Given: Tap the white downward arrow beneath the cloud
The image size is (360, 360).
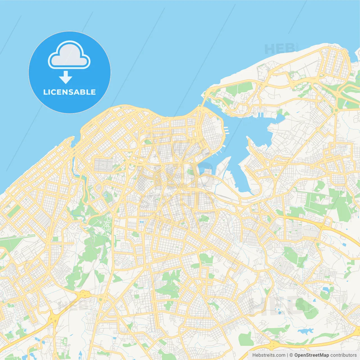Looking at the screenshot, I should [x=66, y=77].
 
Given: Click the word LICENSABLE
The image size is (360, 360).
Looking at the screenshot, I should [x=69, y=92].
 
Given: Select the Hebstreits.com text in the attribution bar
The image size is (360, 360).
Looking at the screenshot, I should [x=269, y=355].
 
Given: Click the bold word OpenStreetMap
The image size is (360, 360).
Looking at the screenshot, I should [x=311, y=355].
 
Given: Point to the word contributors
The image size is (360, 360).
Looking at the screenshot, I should [x=343, y=355].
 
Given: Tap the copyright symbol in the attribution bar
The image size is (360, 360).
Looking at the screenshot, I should [x=291, y=355].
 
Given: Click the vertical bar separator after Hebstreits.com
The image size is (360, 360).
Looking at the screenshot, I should [x=287, y=355].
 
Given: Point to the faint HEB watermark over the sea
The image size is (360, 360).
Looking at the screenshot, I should [x=277, y=49].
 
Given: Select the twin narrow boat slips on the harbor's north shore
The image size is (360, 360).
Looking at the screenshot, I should [x=260, y=115].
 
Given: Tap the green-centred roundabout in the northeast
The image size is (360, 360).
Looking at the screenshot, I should [x=336, y=110].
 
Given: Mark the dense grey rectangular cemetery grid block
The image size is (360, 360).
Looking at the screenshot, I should [x=103, y=165].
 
